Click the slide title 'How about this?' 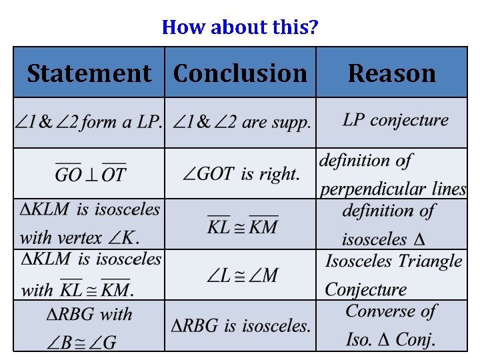[240, 27]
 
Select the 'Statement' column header [89, 73]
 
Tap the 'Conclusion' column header [240, 73]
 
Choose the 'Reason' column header [391, 73]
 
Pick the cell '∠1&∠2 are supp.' [241, 123]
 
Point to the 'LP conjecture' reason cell [395, 120]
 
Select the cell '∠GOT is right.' [241, 174]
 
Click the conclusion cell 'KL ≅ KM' [242, 226]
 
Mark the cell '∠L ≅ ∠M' [242, 275]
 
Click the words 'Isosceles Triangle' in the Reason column [393, 261]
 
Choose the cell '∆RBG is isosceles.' [241, 326]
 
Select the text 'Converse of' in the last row [391, 311]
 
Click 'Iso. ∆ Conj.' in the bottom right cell [391, 339]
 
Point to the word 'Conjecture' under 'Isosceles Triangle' [366, 289]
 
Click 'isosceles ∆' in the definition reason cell [383, 239]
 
